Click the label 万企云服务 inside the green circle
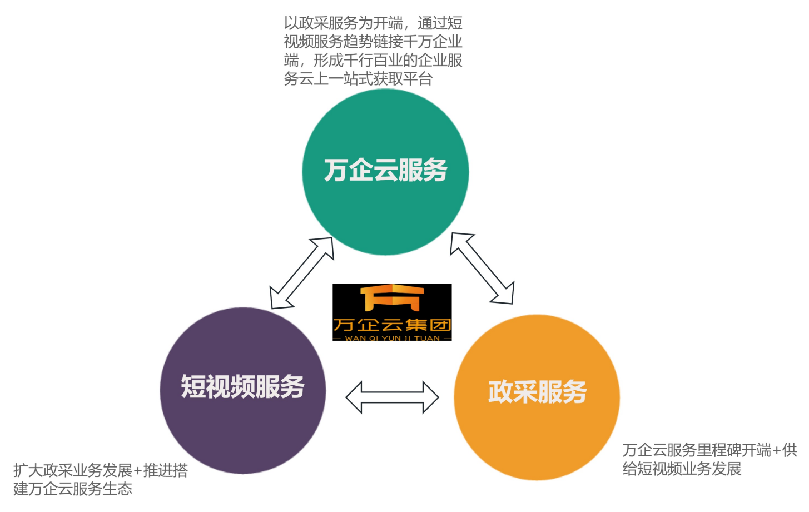tap(385, 170)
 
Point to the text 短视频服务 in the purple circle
tap(243, 386)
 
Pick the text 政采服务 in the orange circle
tap(537, 392)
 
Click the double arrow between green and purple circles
tap(302, 273)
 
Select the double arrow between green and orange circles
tap(482, 269)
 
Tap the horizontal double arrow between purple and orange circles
tap(392, 397)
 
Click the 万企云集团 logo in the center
tap(392, 312)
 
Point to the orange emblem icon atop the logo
tap(392, 297)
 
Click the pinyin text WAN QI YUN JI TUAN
tap(392, 337)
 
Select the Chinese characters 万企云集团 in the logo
tap(392, 325)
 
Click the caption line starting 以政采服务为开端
tap(373, 23)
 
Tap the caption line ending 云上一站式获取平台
tap(358, 79)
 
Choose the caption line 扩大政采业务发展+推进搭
tap(101, 470)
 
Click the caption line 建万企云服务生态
tap(73, 489)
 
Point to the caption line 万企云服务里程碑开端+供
tap(709, 450)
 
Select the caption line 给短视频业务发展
tap(682, 469)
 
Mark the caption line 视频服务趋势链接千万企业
tap(373, 42)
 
